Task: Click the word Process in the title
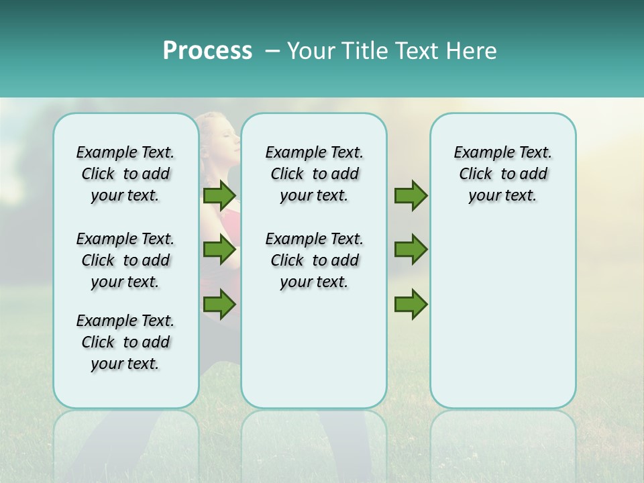point(207,51)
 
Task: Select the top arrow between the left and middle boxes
point(219,196)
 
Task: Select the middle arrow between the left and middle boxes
point(219,250)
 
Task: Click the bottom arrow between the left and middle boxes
point(219,304)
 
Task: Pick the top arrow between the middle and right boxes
point(411,196)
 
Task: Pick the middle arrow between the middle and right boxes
point(411,250)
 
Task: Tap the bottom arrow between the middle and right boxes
point(411,304)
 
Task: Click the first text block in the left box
point(125,174)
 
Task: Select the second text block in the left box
point(125,260)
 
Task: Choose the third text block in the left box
point(125,342)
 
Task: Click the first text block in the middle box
point(314,174)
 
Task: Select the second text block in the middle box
point(314,260)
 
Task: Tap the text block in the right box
point(502,174)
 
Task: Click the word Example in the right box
point(479,152)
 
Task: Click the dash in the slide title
point(272,51)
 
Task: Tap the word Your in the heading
point(310,51)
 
